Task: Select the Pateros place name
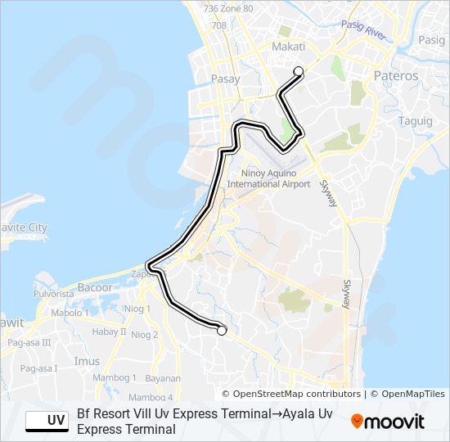tap(396, 76)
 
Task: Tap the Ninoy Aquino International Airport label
tap(268, 178)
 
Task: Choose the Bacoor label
tap(94, 287)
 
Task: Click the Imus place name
tap(87, 361)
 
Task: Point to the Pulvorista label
tap(53, 293)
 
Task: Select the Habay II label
tap(109, 331)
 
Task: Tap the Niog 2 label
tap(144, 335)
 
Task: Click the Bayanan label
tap(163, 379)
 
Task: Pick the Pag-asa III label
tap(29, 343)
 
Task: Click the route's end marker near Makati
tap(299, 71)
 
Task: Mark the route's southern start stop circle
tap(221, 331)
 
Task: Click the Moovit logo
tap(388, 422)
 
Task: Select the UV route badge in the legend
tap(47, 421)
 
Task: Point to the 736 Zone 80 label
tap(228, 8)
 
